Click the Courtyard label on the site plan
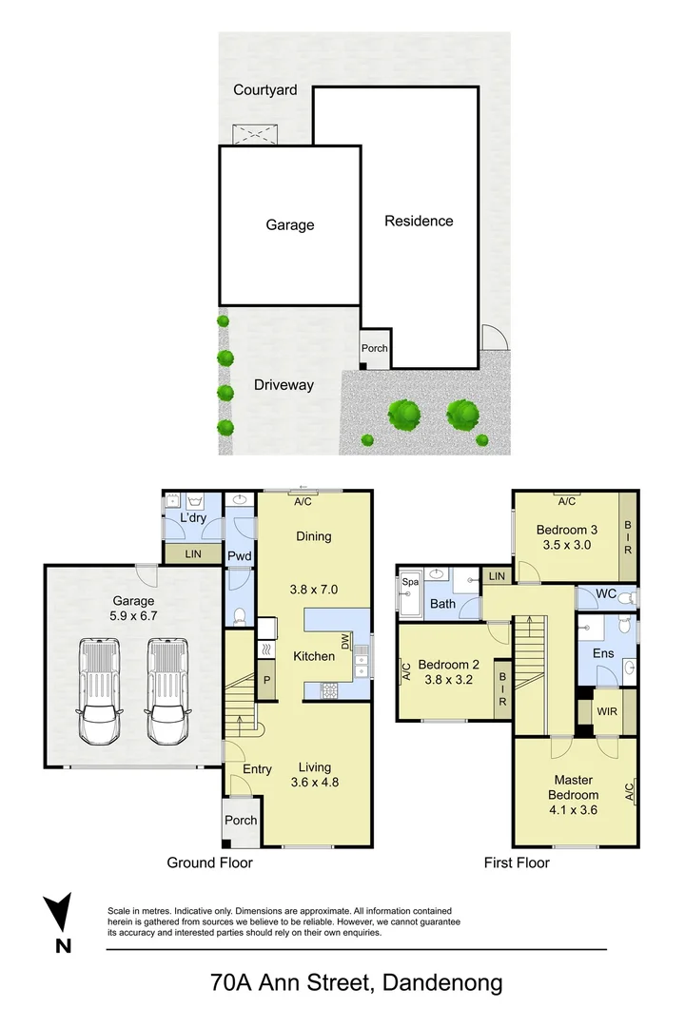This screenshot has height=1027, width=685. pos(265,90)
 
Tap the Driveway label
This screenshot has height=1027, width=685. pos(284,385)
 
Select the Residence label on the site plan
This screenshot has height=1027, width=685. pos(419,221)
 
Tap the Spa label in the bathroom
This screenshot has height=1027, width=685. pos(411,582)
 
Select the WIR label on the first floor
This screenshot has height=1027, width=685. pos(605,711)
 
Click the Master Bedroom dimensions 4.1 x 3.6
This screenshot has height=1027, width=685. pos(573,811)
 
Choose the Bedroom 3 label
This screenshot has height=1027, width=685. pos(567,530)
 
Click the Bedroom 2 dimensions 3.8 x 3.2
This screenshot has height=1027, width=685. pos(445,680)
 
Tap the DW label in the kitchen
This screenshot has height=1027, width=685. pos(360,642)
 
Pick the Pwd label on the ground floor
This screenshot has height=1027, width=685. pos(239,555)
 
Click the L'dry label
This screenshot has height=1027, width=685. pos(194,518)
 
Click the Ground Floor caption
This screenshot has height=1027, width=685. pos(209,862)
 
